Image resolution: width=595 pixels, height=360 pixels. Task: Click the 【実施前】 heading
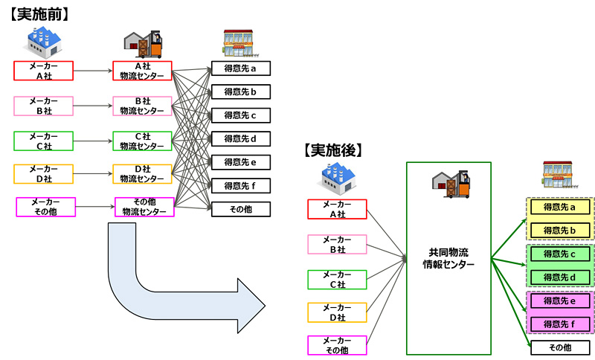[40, 13]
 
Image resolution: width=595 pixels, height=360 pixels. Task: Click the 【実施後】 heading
[333, 150]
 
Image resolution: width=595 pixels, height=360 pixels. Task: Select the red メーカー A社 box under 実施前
[44, 71]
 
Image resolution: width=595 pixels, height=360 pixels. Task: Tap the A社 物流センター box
[142, 71]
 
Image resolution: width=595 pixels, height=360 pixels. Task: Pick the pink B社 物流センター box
[142, 106]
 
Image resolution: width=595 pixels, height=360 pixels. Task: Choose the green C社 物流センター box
[142, 140]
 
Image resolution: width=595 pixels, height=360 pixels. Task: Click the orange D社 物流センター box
[142, 173]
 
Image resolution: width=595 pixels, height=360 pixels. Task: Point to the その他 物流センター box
[144, 207]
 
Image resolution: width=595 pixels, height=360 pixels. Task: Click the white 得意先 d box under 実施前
[240, 139]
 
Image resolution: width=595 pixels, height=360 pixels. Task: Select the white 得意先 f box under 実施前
[240, 185]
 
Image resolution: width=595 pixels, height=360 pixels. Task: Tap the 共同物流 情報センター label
[448, 258]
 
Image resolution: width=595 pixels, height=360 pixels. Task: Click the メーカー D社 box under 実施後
[337, 312]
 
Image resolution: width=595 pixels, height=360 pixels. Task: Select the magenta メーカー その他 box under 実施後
[337, 345]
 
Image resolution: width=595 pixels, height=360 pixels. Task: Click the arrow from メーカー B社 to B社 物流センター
[93, 106]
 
